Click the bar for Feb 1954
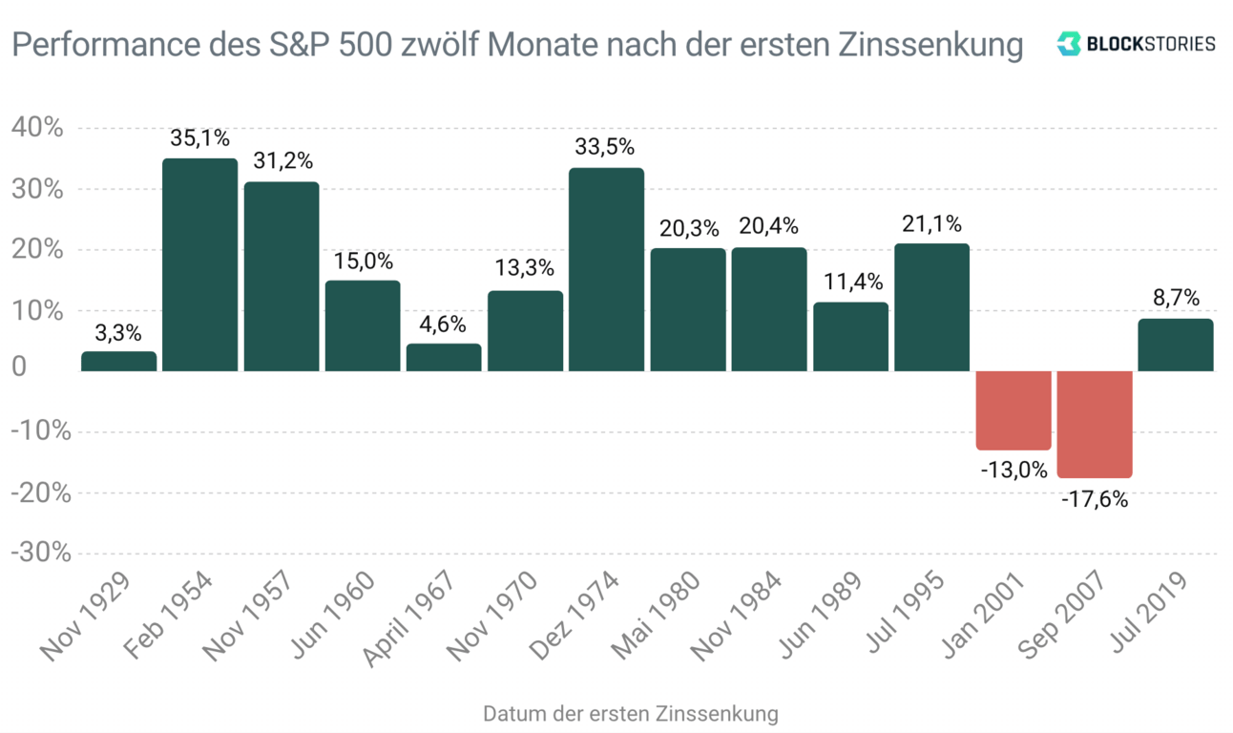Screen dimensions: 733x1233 (199, 264)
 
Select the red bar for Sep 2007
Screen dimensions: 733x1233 (1095, 424)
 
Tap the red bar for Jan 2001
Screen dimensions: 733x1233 (1014, 410)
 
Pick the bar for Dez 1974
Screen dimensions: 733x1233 (606, 269)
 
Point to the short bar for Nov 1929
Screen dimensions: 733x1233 (118, 361)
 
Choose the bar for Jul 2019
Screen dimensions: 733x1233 (1176, 345)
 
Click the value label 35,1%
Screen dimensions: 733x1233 (199, 138)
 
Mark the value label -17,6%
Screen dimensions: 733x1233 (1095, 497)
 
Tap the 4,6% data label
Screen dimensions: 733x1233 (444, 325)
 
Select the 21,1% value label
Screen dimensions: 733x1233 (931, 224)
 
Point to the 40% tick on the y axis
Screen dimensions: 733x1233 (38, 128)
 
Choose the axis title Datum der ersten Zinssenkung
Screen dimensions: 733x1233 (630, 714)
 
